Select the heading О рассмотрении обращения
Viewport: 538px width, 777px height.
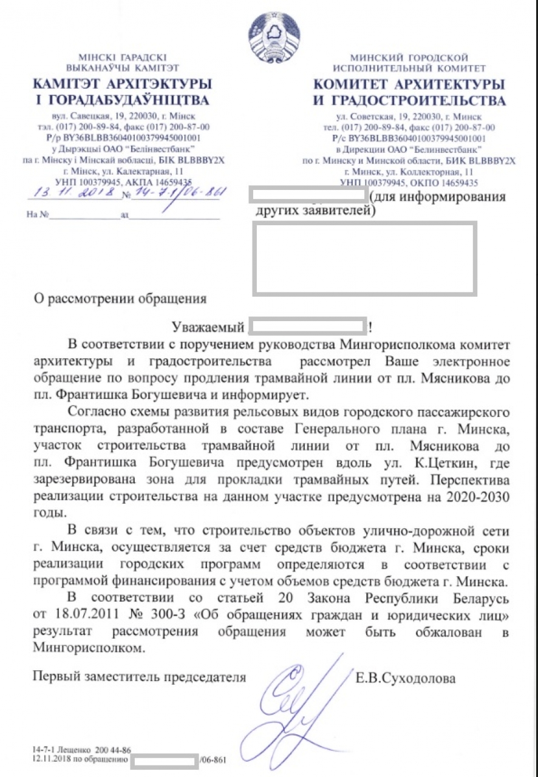pyautogui.click(x=121, y=298)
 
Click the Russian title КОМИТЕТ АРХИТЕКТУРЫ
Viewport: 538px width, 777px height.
pyautogui.click(x=409, y=83)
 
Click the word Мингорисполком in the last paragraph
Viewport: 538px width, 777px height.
pyautogui.click(x=91, y=648)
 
